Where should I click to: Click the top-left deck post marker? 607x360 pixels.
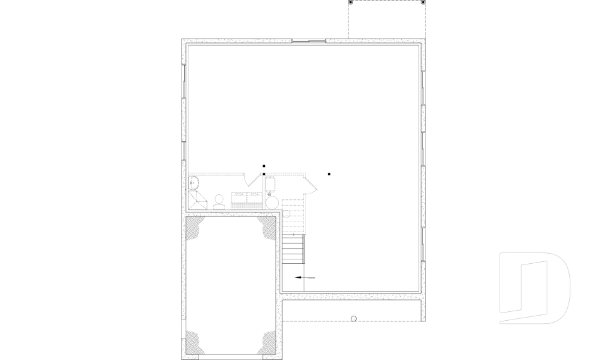click(x=351, y=3)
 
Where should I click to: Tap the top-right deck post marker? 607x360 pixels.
click(x=423, y=3)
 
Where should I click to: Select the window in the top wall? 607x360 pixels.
click(x=309, y=42)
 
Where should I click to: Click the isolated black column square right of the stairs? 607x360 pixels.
click(x=329, y=174)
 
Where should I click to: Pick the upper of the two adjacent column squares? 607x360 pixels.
click(x=264, y=166)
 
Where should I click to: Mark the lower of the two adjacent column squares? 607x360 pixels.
click(x=264, y=174)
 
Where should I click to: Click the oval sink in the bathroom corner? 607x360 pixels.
click(x=193, y=183)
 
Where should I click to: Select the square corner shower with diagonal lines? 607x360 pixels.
click(x=198, y=201)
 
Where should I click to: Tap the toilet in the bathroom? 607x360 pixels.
click(x=219, y=202)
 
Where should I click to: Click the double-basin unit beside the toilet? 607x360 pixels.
click(x=247, y=201)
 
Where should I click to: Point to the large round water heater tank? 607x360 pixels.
click(x=272, y=202)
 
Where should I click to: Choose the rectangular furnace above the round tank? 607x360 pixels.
click(x=271, y=185)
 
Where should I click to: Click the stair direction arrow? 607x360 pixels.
click(x=304, y=278)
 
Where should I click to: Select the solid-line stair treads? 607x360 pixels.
click(x=293, y=249)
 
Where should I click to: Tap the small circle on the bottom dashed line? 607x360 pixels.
click(x=353, y=319)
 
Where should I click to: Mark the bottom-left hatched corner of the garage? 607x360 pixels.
click(x=193, y=342)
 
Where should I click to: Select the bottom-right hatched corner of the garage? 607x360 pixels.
click(x=268, y=342)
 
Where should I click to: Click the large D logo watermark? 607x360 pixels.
click(x=534, y=288)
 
